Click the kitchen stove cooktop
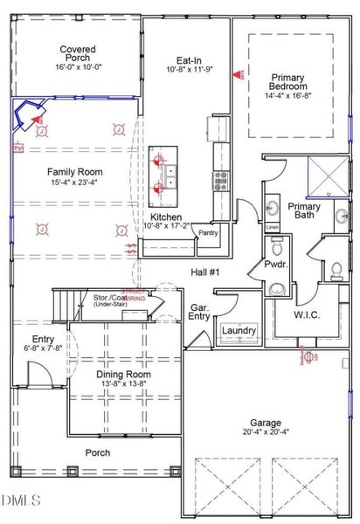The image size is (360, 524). pyautogui.click(x=220, y=180)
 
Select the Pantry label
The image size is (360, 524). pyautogui.click(x=208, y=233)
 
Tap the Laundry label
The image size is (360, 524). pyautogui.click(x=239, y=331)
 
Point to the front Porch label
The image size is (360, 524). pyautogui.click(x=97, y=452)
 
